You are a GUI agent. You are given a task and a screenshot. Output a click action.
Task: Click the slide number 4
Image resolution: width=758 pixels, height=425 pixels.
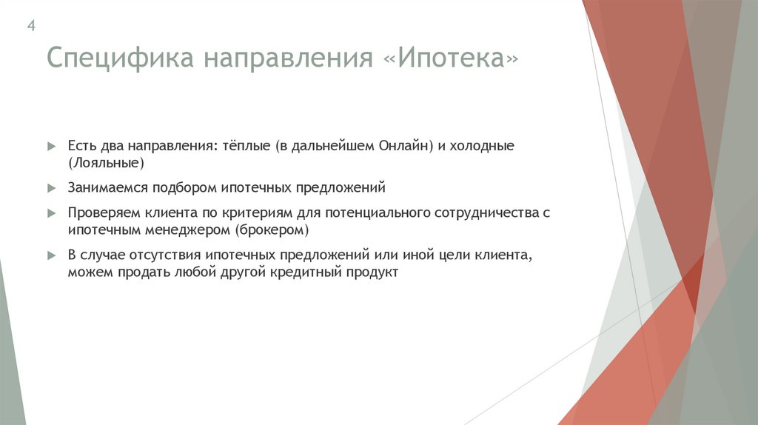[32, 26]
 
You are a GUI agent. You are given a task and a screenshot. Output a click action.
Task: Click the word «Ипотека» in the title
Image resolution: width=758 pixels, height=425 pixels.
[452, 58]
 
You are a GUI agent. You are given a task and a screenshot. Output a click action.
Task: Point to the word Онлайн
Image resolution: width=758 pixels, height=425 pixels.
[405, 146]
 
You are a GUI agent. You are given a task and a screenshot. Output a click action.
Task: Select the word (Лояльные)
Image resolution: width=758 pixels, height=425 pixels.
[106, 162]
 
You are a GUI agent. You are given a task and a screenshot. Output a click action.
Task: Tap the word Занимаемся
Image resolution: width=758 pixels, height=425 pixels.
[104, 188]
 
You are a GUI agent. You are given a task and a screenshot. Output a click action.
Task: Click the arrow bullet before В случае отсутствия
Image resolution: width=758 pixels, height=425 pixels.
[51, 255]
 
